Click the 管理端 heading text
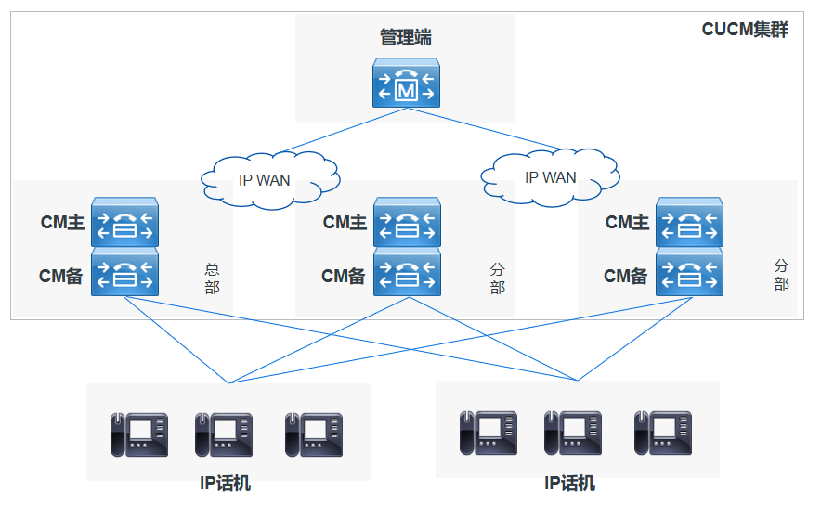tap(406, 38)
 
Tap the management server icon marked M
tap(406, 84)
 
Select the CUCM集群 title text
tap(744, 29)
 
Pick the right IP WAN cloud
tap(550, 176)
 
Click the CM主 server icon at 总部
tap(124, 223)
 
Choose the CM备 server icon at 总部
tap(124, 273)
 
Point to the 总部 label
tap(212, 278)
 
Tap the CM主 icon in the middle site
tap(407, 223)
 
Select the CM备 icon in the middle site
tap(407, 273)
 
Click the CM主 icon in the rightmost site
tap(689, 223)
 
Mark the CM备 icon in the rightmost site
tap(689, 273)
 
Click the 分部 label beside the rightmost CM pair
tap(781, 276)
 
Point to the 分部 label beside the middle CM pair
tap(497, 278)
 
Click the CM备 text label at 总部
tap(61, 276)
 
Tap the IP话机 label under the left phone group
tap(225, 484)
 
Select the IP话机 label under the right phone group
tap(569, 484)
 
